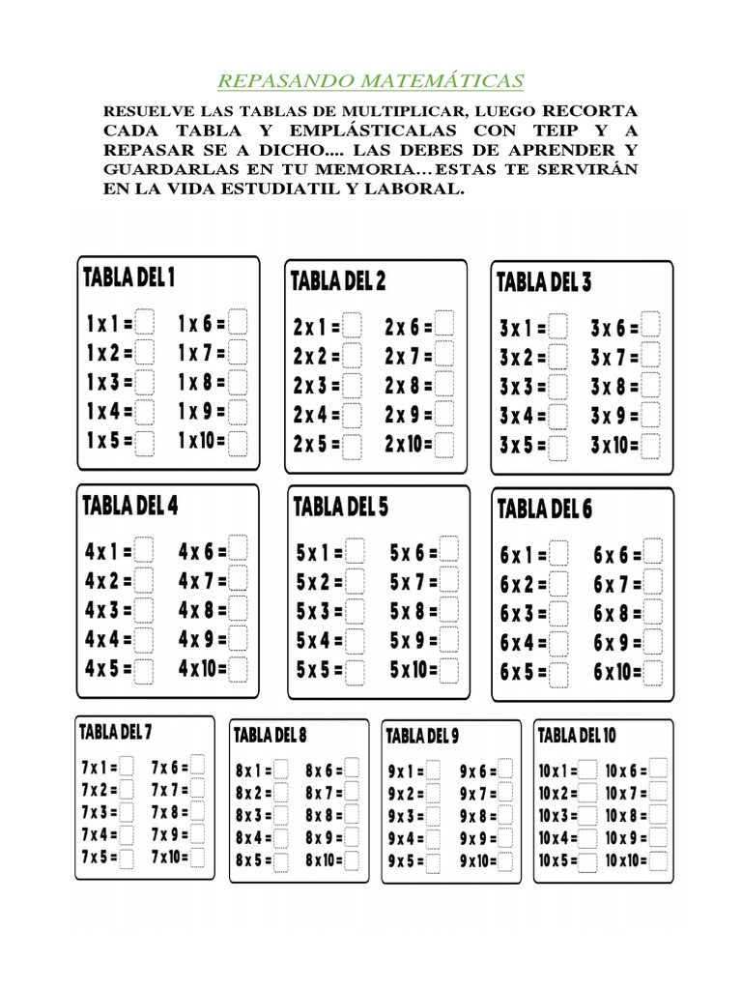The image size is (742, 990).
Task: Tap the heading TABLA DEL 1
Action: click(129, 278)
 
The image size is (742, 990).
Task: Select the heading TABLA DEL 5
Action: click(340, 506)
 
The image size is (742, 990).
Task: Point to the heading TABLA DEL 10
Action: click(577, 736)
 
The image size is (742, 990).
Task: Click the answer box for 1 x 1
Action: click(145, 321)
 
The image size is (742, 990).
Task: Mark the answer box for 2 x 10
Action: click(444, 446)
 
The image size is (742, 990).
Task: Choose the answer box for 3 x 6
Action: click(650, 327)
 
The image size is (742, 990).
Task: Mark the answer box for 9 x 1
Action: click(434, 771)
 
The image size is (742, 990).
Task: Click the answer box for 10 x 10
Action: click(660, 859)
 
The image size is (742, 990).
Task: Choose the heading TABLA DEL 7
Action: click(116, 732)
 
